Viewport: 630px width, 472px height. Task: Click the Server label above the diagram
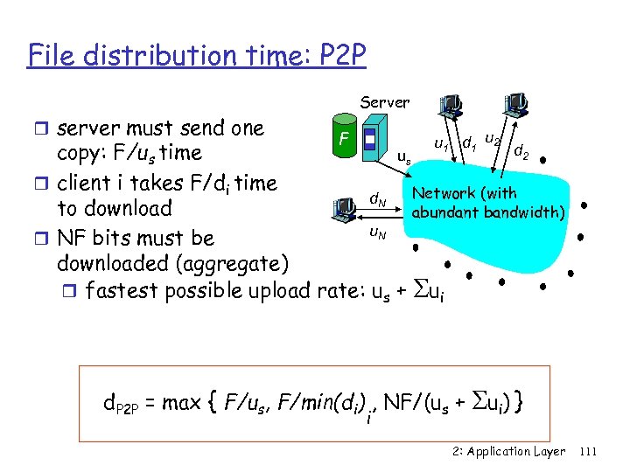point(385,102)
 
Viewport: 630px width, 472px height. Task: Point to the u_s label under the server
point(403,159)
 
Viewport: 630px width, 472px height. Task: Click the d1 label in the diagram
point(470,141)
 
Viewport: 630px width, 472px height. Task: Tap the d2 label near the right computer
point(521,154)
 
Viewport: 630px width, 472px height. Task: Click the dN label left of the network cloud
point(378,201)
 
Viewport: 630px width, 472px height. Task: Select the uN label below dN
point(377,232)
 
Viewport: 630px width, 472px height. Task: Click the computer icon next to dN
point(345,209)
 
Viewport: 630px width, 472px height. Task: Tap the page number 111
point(588,451)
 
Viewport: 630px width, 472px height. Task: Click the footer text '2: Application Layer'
point(509,451)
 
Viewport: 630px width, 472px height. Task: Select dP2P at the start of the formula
point(122,404)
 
